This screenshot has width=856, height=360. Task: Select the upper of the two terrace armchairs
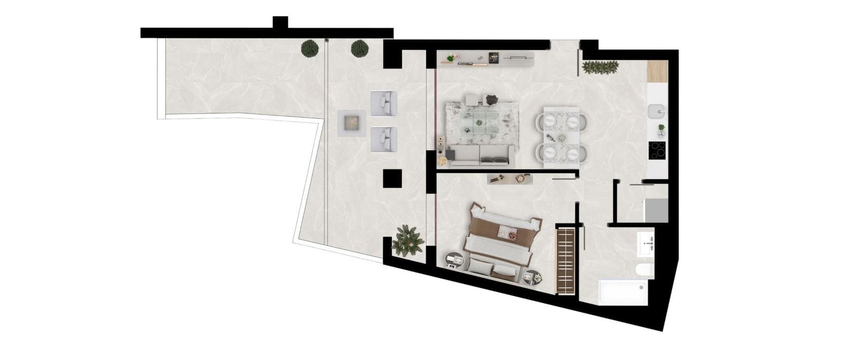coord(384,103)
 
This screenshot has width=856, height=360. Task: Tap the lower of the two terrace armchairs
coord(384,139)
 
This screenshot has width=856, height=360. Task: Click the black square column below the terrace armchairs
coord(392,178)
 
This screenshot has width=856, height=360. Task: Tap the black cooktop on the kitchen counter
coord(656,150)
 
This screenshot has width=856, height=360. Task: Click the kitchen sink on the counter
coord(656,112)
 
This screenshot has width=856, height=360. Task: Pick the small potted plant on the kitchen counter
coord(661,128)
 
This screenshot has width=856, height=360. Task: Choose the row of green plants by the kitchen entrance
coord(600,67)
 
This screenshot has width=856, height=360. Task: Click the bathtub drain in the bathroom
coord(641,287)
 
